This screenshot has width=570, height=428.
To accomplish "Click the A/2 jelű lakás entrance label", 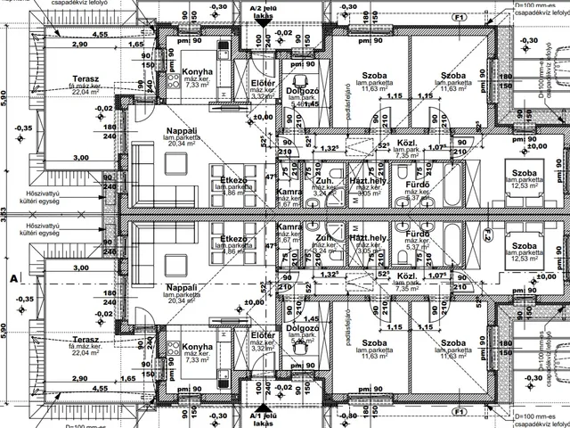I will [x=263, y=11].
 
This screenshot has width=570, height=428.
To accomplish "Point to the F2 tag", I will [x=487, y=235].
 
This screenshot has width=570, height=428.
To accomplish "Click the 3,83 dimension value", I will [x=4, y=214].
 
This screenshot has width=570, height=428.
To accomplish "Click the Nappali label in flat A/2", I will [x=181, y=134].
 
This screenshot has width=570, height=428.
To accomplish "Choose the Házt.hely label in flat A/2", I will [x=367, y=179].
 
